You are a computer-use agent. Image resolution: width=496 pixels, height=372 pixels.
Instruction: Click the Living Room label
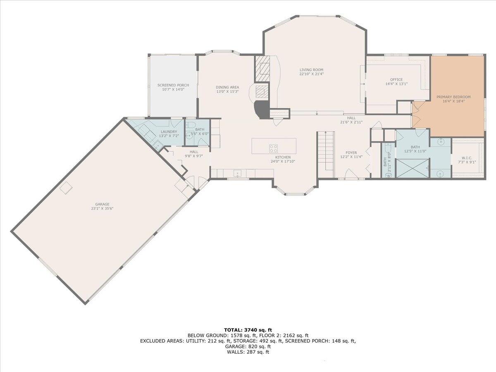(311, 70)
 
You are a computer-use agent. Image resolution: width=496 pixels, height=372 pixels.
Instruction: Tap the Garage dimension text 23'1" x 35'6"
(102, 208)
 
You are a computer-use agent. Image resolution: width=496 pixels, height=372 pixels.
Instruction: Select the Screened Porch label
(173, 85)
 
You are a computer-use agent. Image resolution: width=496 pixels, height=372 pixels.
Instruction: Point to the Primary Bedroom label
(453, 97)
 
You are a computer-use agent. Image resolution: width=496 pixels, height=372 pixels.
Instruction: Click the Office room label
(396, 79)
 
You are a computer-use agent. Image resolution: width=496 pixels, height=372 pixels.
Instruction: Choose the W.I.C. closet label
(467, 158)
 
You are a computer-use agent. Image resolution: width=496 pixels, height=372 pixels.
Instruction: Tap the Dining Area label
(227, 87)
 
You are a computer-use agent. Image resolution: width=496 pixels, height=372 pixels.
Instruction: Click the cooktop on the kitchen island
(274, 148)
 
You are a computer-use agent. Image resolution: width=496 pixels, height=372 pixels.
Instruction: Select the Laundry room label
(169, 132)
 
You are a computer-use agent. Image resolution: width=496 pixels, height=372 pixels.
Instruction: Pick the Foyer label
(351, 153)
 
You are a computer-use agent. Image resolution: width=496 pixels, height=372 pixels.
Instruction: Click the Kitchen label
(283, 157)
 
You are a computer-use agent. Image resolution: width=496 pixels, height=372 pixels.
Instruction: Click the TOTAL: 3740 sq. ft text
(248, 330)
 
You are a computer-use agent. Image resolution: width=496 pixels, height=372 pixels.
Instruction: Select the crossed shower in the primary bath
(413, 168)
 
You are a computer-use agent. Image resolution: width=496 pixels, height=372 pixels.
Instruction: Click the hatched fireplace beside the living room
(262, 69)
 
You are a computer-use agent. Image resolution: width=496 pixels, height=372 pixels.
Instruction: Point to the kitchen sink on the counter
(238, 174)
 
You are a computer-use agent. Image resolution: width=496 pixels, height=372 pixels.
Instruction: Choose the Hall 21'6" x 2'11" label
(351, 120)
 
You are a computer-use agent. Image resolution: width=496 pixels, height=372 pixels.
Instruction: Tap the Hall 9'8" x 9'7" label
(194, 154)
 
